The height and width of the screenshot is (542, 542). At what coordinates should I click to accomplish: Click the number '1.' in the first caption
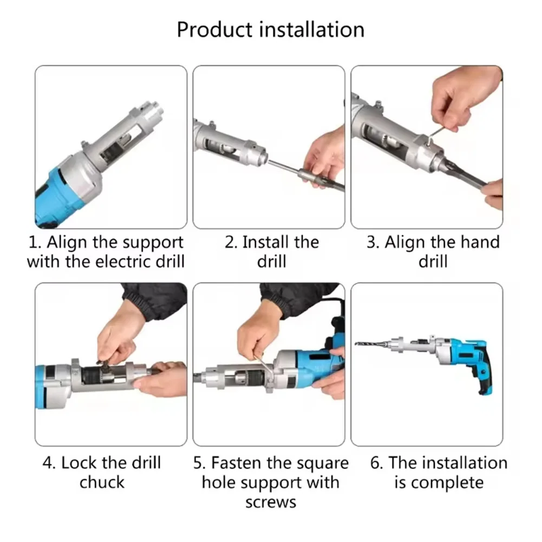(35, 243)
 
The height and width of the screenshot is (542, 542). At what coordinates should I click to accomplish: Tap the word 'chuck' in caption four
(102, 482)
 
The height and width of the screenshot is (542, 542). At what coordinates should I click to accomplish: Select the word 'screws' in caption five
(271, 502)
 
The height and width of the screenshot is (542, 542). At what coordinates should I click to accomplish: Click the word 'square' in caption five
(322, 463)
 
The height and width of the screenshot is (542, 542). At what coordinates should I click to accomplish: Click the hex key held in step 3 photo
(428, 138)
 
